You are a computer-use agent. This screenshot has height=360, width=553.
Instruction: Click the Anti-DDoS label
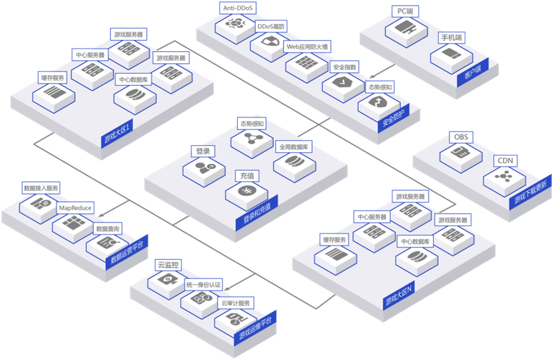[x=237, y=8]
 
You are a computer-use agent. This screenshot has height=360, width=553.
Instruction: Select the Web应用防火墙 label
[x=307, y=47]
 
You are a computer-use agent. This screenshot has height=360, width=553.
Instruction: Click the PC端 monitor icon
[x=405, y=28]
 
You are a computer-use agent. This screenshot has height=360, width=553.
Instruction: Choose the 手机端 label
[x=452, y=38]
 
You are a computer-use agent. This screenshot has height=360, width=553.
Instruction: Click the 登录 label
[x=202, y=151]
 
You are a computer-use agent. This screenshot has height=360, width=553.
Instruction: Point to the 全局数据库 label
[x=294, y=147]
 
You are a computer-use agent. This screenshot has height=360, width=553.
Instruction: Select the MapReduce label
[x=75, y=207]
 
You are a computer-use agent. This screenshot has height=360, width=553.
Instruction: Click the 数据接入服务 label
[x=41, y=188]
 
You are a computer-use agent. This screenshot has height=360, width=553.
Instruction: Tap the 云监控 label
[x=167, y=265]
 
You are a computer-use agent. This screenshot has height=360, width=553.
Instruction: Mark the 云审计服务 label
[x=237, y=303]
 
